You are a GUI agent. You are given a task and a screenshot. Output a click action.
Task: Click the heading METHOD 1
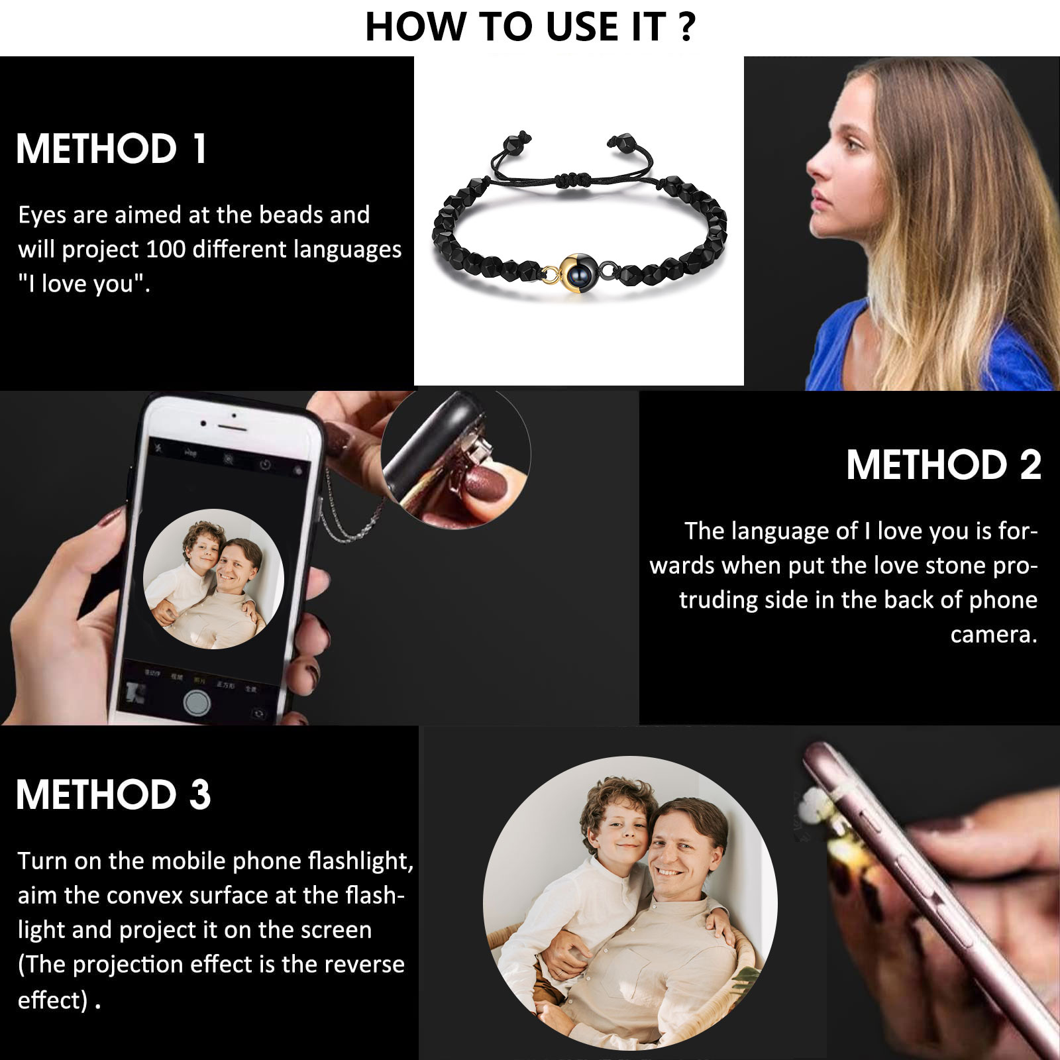[111, 148]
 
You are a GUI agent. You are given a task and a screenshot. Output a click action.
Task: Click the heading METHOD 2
[943, 464]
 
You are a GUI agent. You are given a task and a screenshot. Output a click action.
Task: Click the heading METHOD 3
[113, 794]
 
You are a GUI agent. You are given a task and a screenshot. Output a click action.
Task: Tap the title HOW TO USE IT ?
[530, 27]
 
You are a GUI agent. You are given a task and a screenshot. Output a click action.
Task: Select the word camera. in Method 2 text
[994, 635]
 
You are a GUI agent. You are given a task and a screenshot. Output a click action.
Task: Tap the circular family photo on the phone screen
[214, 579]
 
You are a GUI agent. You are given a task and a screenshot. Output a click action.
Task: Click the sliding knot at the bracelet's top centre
[574, 179]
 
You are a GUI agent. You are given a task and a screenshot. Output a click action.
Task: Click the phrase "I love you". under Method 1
[84, 284]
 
